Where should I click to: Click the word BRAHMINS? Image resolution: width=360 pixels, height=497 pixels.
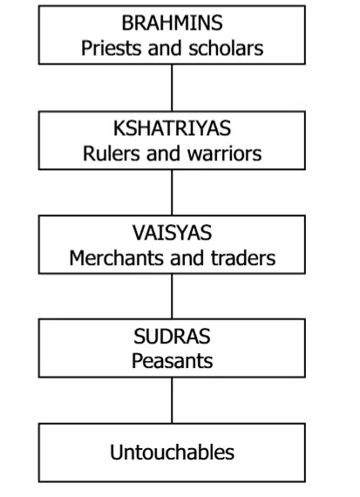coord(172,23)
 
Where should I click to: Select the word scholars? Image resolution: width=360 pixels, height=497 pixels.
coord(226,48)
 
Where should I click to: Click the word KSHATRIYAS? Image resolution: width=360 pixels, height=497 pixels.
coord(172,128)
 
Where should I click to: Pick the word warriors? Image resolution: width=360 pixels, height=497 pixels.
coord(224,153)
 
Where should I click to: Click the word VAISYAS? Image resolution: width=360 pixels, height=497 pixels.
coord(172,233)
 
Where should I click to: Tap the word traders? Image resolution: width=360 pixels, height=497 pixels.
coord(243,258)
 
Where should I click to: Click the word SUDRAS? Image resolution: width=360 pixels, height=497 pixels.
coord(172,337)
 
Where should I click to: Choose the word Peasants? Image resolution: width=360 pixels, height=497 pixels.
coord(172,361)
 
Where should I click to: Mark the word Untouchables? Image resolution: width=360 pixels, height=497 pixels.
coord(172,452)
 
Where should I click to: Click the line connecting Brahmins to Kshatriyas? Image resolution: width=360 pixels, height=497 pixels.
coord(172,88)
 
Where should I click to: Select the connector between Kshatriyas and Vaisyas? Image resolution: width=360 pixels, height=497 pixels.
coord(172,193)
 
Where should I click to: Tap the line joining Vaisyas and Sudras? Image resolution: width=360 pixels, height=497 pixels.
coord(172,296)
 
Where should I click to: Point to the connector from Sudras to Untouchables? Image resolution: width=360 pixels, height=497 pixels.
coord(172,400)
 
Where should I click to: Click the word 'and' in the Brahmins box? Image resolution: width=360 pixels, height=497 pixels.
coord(165,48)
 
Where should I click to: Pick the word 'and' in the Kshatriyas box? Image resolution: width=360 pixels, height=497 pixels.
coord(164,153)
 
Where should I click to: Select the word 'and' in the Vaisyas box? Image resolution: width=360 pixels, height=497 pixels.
coord(187,258)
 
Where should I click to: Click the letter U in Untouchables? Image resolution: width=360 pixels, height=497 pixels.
coord(116,452)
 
